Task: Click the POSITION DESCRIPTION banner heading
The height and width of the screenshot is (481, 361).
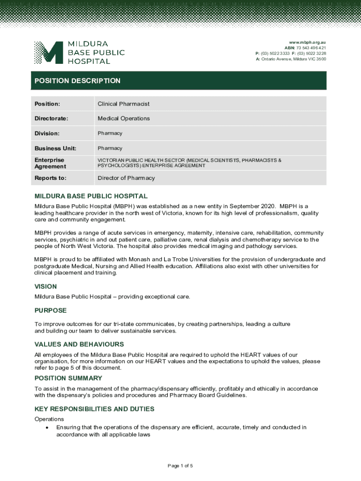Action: tap(77, 81)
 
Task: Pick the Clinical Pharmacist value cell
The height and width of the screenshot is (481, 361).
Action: tap(123, 104)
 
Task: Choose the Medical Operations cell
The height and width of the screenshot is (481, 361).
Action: tap(124, 118)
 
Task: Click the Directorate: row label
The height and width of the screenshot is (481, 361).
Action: tap(51, 118)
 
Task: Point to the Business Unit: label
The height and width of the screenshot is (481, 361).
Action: tap(55, 148)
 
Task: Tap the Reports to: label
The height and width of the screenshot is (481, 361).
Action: tap(50, 178)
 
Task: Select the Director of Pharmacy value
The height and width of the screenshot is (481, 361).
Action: tap(126, 178)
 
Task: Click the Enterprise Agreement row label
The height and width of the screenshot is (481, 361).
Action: tap(50, 163)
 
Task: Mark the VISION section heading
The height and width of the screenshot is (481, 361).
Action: tap(45, 287)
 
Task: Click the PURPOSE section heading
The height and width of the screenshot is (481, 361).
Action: tap(51, 310)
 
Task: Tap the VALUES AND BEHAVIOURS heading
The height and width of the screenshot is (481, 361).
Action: tap(79, 344)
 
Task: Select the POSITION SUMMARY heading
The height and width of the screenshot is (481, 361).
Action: tap(68, 378)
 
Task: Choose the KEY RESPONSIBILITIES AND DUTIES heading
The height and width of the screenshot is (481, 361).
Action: tap(94, 409)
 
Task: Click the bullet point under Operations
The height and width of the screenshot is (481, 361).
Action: tap(47, 428)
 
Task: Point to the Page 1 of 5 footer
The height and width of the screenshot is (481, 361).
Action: tap(180, 465)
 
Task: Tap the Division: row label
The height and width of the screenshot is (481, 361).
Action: tap(47, 133)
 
